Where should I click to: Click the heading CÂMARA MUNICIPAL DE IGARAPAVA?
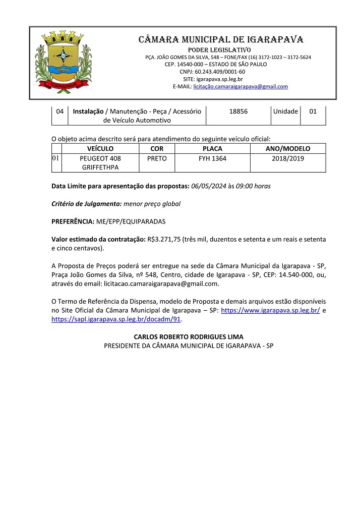click(x=221, y=39)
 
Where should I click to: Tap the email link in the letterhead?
click(x=241, y=86)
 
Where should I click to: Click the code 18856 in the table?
click(x=238, y=111)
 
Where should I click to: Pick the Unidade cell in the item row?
click(x=285, y=111)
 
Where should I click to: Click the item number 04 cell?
click(x=59, y=111)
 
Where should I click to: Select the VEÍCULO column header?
click(x=100, y=149)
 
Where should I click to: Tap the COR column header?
click(x=157, y=149)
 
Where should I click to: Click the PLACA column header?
click(x=212, y=149)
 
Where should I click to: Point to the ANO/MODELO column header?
click(x=288, y=149)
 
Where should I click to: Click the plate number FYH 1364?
click(x=212, y=158)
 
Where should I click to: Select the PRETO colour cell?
click(x=157, y=158)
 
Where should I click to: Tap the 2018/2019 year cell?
click(x=288, y=158)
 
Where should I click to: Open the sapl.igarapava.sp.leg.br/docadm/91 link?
click(x=116, y=319)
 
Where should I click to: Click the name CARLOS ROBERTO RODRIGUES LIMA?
click(x=189, y=336)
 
